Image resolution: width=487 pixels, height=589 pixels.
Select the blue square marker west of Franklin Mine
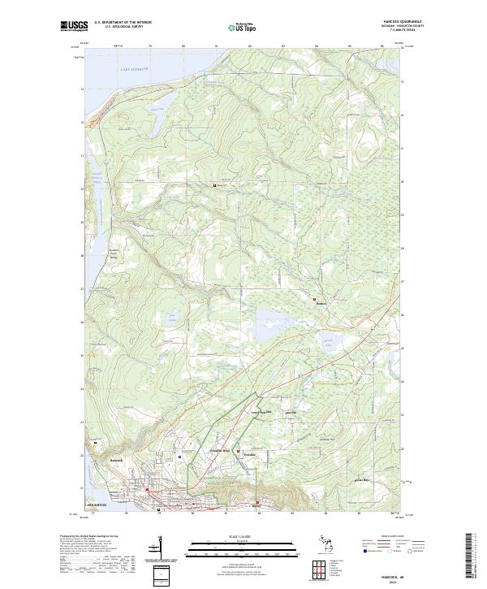point(179,457)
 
